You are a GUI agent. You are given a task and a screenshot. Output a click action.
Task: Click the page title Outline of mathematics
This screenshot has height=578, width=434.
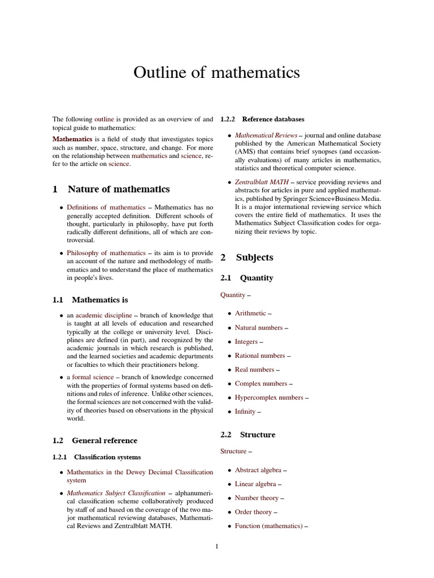point(216,73)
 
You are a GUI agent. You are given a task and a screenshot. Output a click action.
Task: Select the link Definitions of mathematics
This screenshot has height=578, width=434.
point(106,207)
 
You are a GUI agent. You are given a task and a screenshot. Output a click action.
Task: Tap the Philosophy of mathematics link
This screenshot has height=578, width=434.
point(106,253)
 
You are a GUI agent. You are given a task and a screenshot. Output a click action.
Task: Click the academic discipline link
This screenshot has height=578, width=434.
point(103,315)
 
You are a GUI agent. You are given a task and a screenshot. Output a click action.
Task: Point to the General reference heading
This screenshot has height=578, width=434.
point(104,440)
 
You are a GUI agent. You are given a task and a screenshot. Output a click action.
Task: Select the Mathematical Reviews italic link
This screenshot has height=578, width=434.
point(266,135)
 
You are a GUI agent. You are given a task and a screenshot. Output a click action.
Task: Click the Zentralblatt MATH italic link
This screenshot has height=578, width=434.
point(262,182)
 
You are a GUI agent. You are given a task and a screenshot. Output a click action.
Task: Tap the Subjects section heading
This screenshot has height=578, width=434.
point(254,257)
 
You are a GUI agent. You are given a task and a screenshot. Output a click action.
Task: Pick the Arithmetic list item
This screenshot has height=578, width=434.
point(250,313)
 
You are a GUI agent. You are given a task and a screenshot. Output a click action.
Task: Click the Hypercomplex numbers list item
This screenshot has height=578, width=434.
point(269,397)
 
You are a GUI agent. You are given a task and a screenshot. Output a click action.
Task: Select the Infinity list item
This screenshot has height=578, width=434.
point(245,411)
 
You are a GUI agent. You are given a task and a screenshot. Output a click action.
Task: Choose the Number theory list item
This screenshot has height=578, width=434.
point(257,498)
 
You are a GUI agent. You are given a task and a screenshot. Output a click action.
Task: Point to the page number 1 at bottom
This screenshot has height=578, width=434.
point(216,546)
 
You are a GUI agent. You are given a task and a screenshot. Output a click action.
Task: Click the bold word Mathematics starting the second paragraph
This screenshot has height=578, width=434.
point(72,138)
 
